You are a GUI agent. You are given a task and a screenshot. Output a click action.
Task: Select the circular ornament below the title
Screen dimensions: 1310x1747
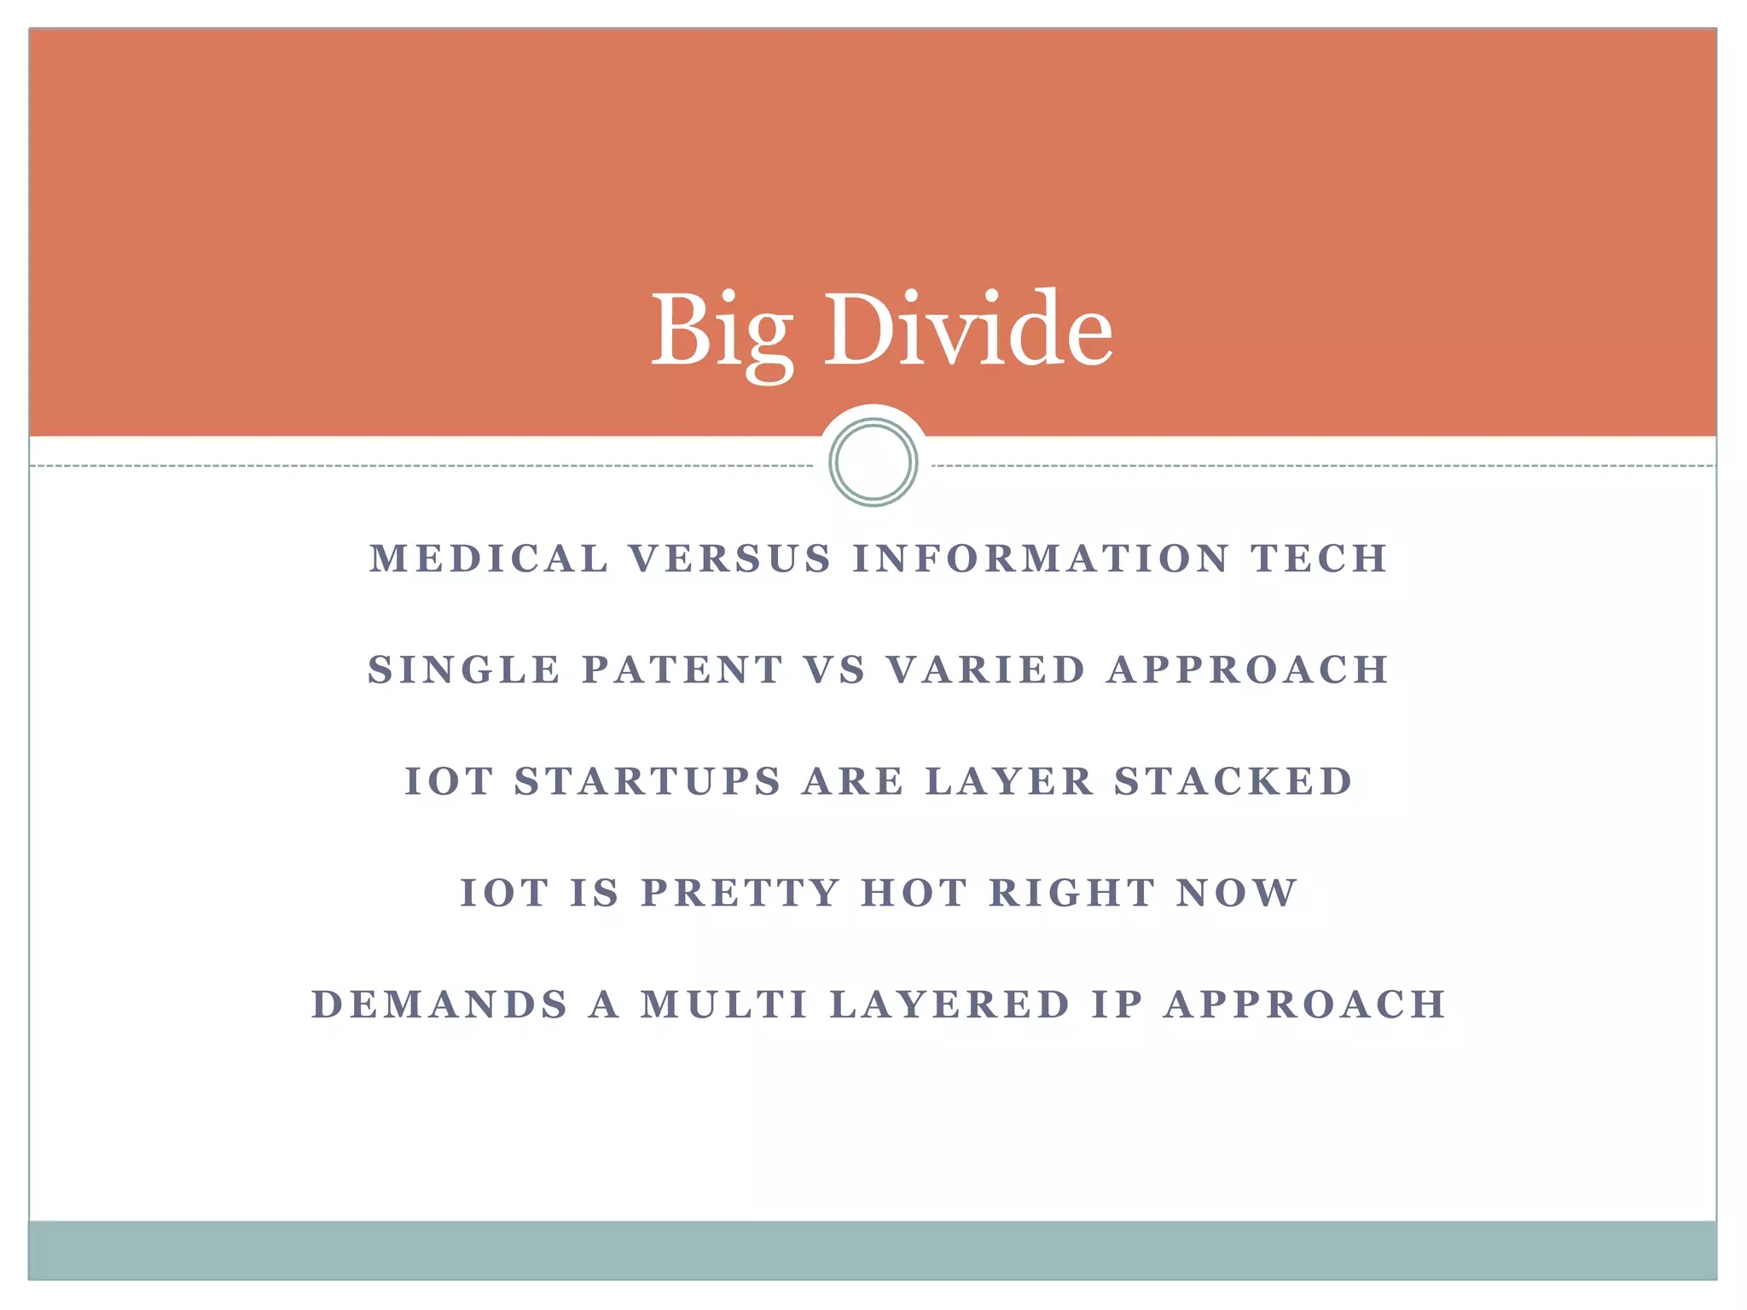(x=873, y=462)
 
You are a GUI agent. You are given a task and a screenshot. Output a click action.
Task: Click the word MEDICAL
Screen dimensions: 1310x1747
(x=490, y=559)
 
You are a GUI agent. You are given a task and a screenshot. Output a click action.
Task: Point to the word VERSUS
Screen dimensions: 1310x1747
(x=730, y=559)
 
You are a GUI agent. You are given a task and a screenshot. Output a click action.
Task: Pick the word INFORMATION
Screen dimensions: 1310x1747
(x=1042, y=559)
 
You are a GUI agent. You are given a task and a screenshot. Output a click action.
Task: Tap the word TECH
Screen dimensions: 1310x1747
(x=1320, y=559)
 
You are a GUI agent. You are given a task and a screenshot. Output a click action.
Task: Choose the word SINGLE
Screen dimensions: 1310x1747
(x=465, y=670)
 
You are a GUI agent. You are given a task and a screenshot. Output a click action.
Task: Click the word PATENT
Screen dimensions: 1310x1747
(x=682, y=670)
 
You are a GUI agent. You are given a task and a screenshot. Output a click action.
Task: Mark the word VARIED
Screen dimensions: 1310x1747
(x=986, y=670)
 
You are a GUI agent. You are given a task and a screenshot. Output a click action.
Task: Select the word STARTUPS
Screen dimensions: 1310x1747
(x=648, y=782)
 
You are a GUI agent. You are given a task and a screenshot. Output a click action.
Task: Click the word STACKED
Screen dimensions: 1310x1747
(x=1233, y=782)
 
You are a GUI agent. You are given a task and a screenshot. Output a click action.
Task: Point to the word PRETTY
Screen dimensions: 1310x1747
(x=741, y=894)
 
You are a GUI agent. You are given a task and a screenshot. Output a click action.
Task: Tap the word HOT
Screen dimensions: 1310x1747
(x=915, y=894)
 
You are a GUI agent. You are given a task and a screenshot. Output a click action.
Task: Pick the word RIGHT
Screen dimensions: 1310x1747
(x=1072, y=894)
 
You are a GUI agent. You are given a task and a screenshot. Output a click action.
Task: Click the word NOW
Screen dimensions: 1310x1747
(x=1237, y=894)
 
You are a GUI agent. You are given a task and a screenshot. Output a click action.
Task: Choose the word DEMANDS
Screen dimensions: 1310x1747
(x=440, y=1005)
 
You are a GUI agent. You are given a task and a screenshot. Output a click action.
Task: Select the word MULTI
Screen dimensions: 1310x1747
(x=725, y=1005)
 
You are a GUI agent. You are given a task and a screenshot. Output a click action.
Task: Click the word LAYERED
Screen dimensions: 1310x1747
(x=950, y=1005)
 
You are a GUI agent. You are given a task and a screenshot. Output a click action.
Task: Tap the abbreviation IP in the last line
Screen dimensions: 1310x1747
(x=1117, y=1005)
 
